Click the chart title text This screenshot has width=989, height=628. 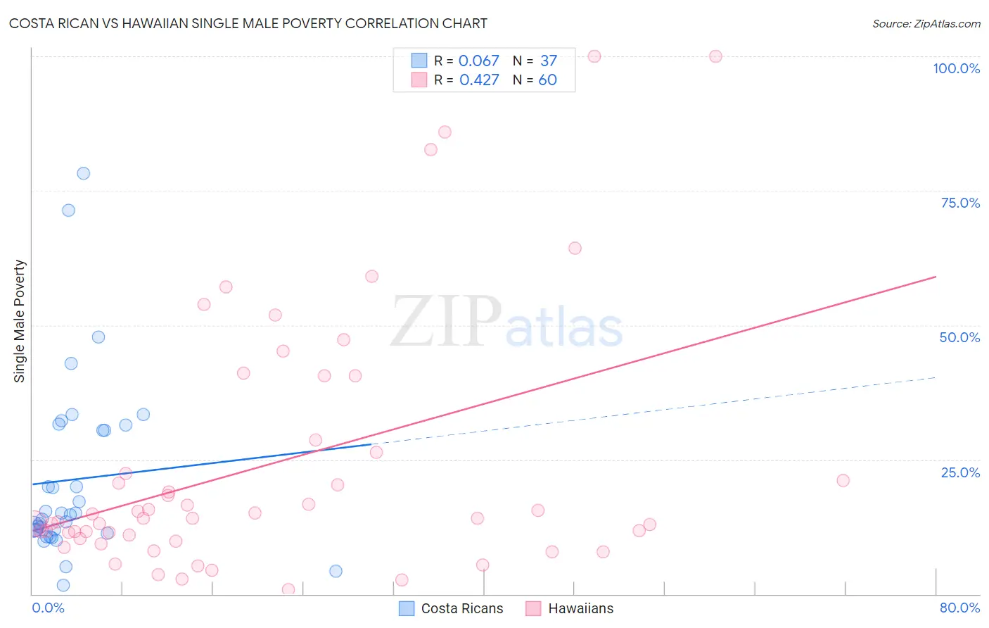(248, 23)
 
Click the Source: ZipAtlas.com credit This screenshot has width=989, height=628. (926, 23)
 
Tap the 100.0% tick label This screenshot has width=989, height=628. (956, 68)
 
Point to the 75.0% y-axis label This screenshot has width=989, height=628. (960, 203)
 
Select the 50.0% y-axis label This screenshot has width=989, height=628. (959, 337)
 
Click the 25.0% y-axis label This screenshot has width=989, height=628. (960, 472)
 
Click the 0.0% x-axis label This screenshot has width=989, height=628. (48, 608)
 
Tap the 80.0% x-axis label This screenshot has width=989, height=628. (959, 608)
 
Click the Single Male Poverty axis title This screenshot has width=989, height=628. (20, 321)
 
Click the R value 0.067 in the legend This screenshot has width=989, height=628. (478, 61)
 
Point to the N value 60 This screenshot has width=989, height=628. (547, 80)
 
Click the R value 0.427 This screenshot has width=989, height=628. (479, 80)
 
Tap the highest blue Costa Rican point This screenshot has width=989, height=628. (83, 173)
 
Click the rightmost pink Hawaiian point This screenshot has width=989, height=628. (843, 480)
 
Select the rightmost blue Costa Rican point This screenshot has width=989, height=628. (336, 571)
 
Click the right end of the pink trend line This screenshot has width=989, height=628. (935, 277)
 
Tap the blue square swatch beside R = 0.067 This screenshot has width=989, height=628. (419, 61)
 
